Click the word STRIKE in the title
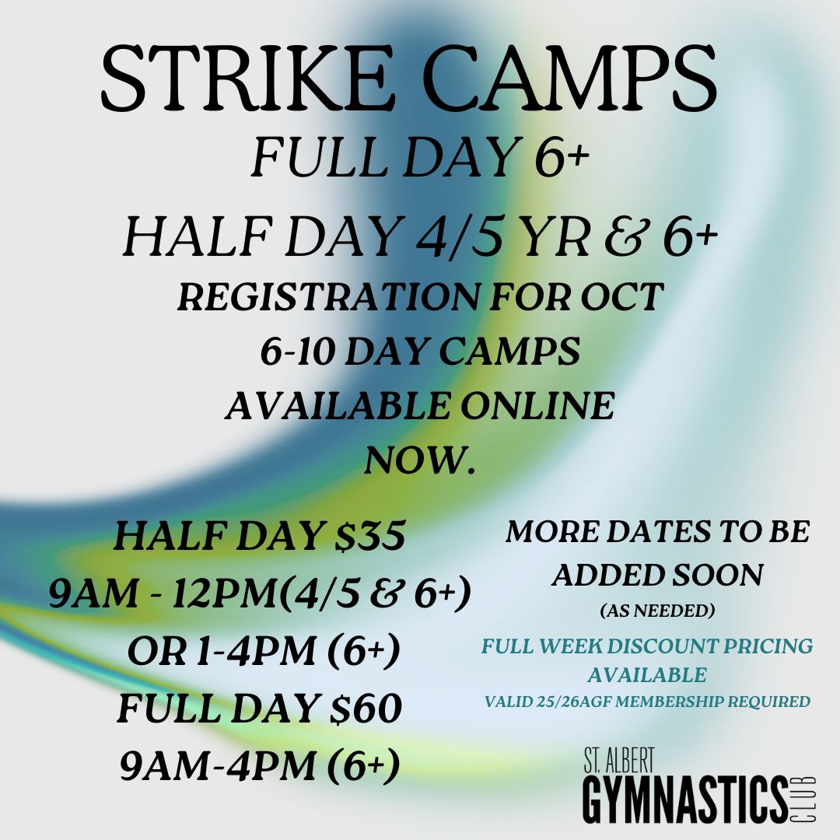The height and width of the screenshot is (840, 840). (x=245, y=79)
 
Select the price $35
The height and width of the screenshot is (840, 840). (x=370, y=536)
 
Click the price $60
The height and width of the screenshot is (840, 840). (x=366, y=709)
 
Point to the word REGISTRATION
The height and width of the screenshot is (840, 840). (x=329, y=297)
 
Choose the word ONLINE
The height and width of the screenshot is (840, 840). (x=537, y=405)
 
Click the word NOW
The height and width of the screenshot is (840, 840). (x=420, y=460)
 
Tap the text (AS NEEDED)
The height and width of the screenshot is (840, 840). (x=657, y=611)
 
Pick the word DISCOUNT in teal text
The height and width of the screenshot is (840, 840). (x=662, y=646)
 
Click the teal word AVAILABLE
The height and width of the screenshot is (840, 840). (x=647, y=674)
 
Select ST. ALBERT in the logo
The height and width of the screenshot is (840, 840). (x=619, y=760)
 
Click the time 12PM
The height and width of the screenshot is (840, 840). (x=225, y=593)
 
